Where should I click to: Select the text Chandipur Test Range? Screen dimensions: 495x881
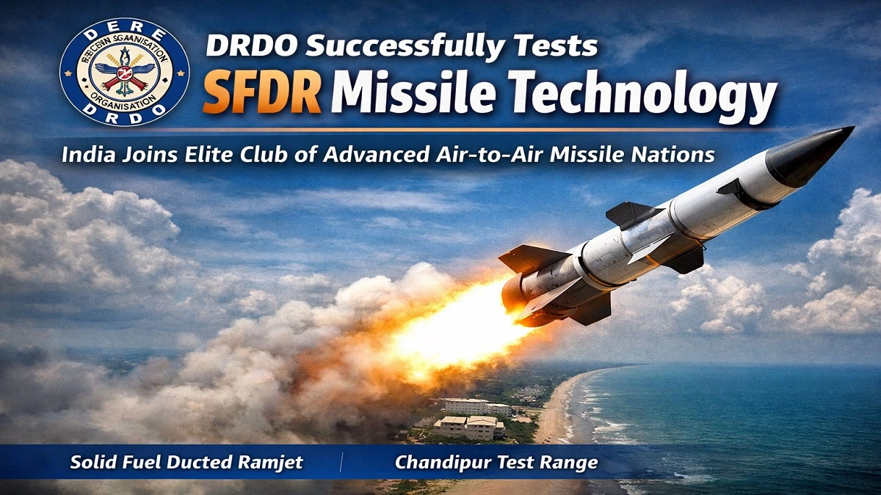click(496, 463)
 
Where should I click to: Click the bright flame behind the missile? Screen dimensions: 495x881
click(448, 323)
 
